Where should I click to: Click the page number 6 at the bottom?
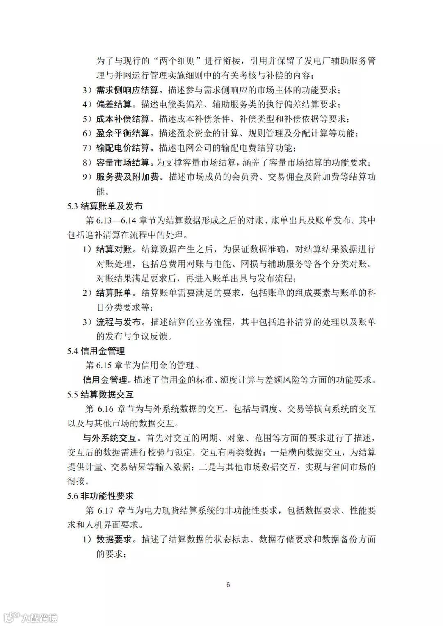[228, 585]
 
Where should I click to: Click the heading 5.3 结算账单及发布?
[105, 206]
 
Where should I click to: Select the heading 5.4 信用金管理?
[96, 351]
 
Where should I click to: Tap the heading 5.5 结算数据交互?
[100, 395]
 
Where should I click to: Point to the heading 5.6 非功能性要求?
[100, 496]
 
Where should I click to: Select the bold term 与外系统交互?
[110, 438]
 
